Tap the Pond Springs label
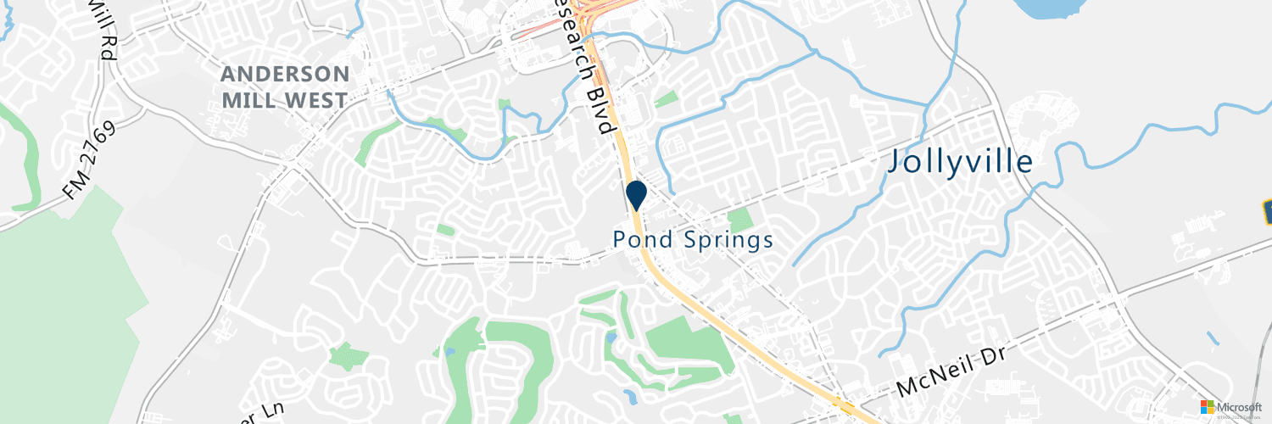click(x=693, y=240)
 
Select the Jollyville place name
click(x=960, y=161)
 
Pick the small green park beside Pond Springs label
click(x=739, y=219)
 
